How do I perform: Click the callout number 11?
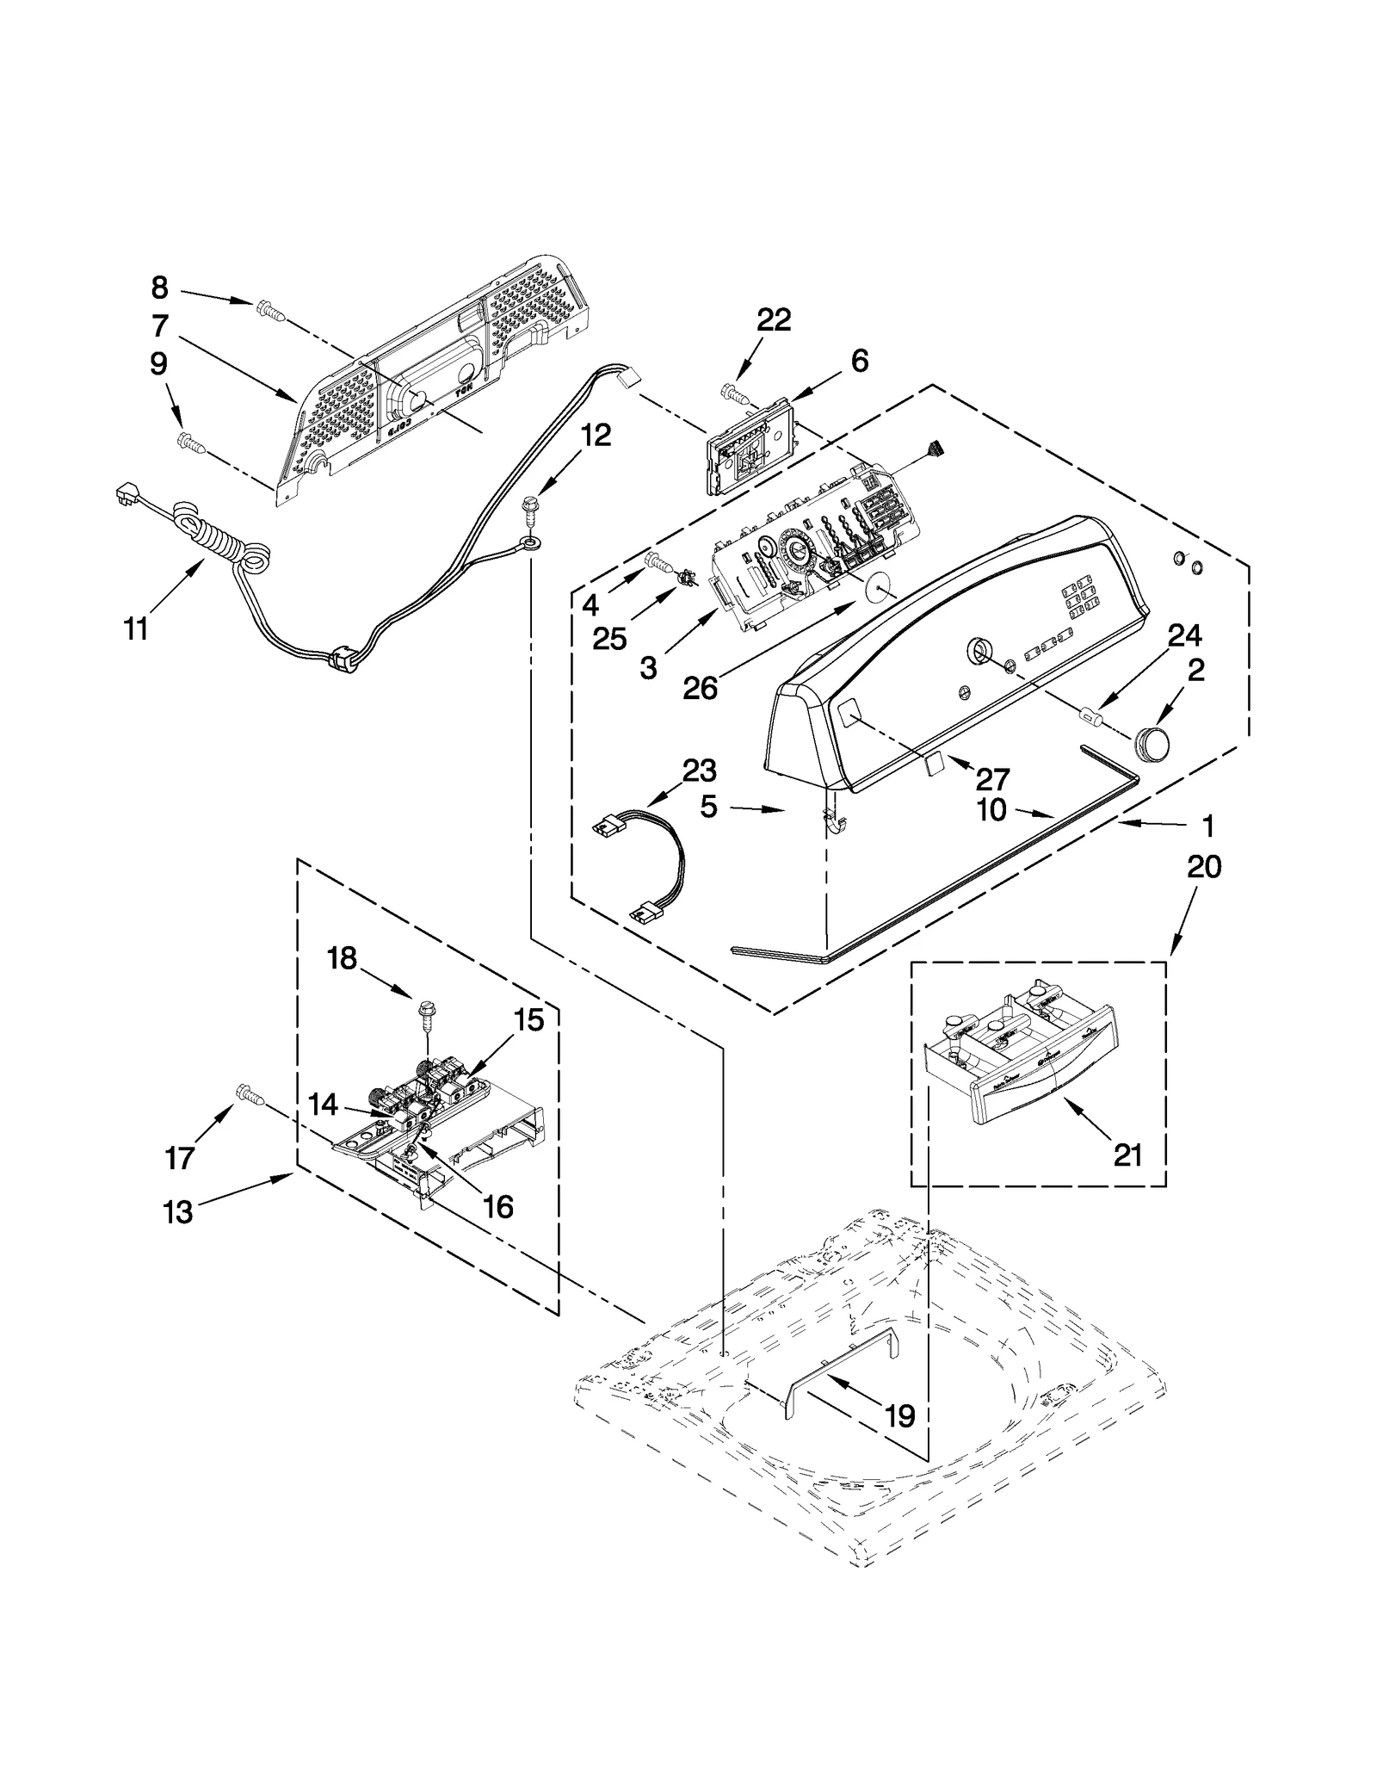(x=136, y=629)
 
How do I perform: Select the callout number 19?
(x=900, y=1415)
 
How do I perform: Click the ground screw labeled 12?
(x=531, y=505)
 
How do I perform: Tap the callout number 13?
(x=178, y=1213)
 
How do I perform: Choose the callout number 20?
(x=1204, y=867)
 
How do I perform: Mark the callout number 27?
(x=992, y=779)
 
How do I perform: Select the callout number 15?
(x=528, y=1020)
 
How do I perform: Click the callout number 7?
(x=159, y=326)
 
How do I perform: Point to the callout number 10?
(x=991, y=811)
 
